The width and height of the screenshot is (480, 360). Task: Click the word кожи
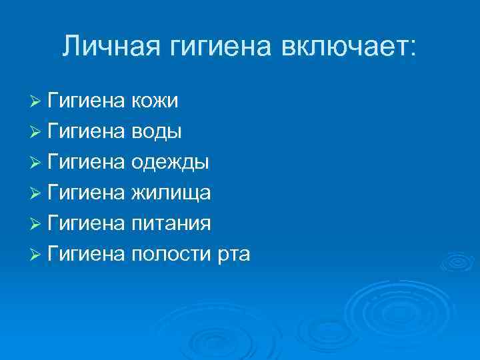pyautogui.click(x=155, y=101)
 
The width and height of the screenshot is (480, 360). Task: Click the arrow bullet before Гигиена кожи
pyautogui.click(x=36, y=101)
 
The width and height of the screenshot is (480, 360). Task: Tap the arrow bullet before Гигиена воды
pyautogui.click(x=36, y=132)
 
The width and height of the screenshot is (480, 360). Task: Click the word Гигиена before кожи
pyautogui.click(x=87, y=101)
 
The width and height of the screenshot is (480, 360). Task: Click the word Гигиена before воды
pyautogui.click(x=87, y=132)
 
